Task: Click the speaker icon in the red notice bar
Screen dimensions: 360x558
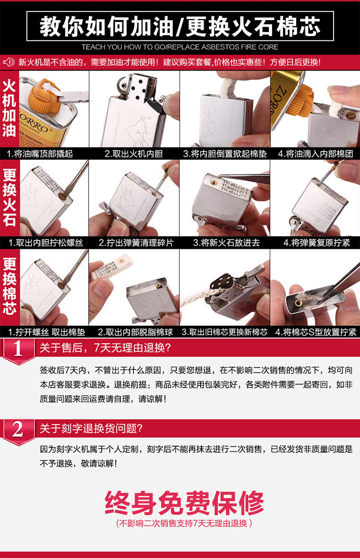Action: [x=9, y=62]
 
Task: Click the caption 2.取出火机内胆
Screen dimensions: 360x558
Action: [x=134, y=154]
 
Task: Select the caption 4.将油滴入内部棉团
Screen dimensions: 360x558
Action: [x=315, y=154]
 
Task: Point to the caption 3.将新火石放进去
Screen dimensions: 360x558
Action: [x=227, y=243]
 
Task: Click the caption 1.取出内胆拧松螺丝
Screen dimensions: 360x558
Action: [x=46, y=243]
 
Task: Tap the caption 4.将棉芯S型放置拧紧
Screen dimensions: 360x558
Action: [x=316, y=332]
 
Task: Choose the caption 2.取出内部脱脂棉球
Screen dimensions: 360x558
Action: [x=135, y=332]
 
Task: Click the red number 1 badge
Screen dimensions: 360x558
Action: [x=18, y=351]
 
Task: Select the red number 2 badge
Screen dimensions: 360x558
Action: [x=18, y=431]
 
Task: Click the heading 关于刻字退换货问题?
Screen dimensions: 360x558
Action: [x=91, y=428]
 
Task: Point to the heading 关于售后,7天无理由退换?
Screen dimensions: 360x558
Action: [x=105, y=348]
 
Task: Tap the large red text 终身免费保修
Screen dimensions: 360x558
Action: [x=184, y=502]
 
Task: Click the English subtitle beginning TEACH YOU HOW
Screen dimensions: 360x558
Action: [x=180, y=47]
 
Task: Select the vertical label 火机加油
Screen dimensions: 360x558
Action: [x=9, y=109]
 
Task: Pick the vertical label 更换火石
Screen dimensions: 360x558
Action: [x=9, y=197]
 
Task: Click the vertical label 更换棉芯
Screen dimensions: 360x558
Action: [x=9, y=287]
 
